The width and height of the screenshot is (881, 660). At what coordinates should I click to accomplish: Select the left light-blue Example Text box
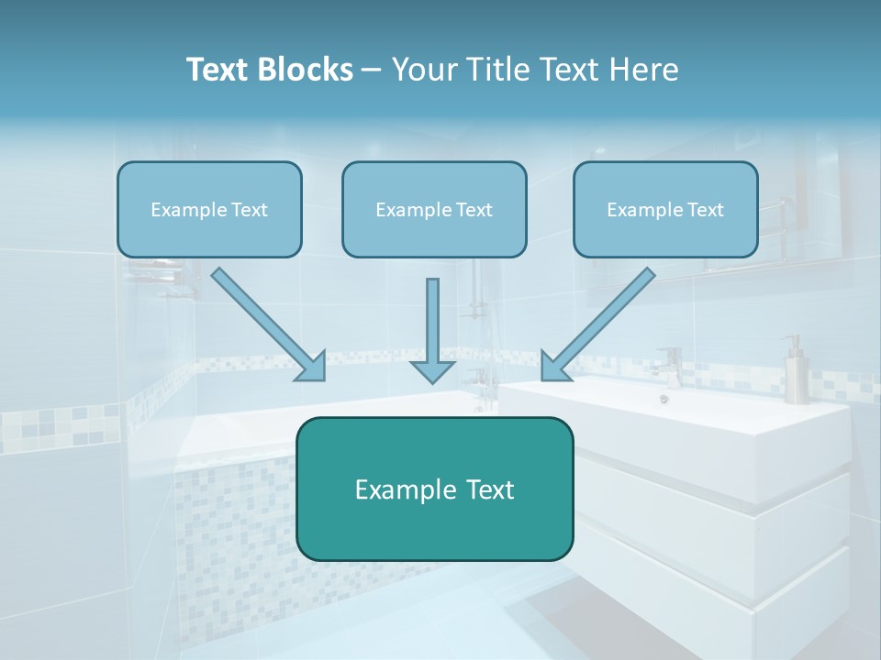209,209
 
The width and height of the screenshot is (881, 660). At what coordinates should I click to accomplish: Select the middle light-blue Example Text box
434,209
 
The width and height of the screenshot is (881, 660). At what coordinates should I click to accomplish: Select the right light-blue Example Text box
665,209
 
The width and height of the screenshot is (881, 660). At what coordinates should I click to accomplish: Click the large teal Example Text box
434,489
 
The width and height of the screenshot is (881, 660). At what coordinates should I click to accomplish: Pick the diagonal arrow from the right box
601,322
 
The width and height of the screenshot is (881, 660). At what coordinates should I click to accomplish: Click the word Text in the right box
706,209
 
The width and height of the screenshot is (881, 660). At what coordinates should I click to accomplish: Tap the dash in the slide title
372,71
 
